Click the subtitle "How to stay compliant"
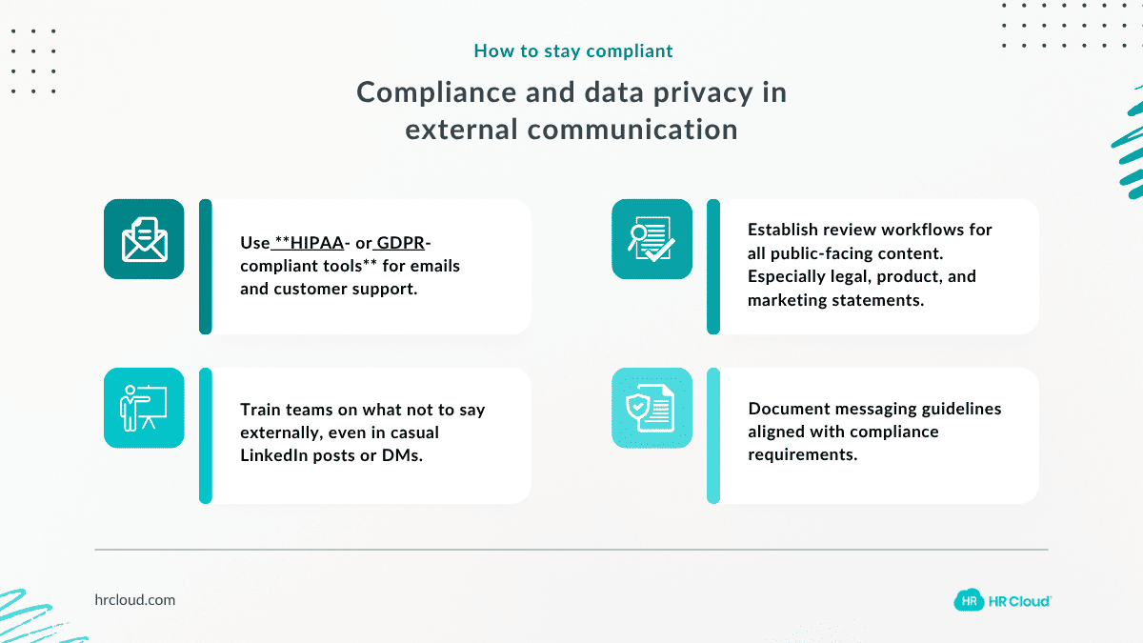coord(572,50)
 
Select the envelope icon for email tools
coord(144,239)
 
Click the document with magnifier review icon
coord(652,239)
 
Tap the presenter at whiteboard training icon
coord(144,408)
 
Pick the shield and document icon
coord(652,408)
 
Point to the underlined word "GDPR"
coord(400,243)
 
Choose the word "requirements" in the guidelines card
coord(801,454)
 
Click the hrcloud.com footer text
coord(135,600)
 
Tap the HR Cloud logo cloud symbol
coord(969,600)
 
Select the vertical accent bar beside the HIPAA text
coord(205,267)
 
